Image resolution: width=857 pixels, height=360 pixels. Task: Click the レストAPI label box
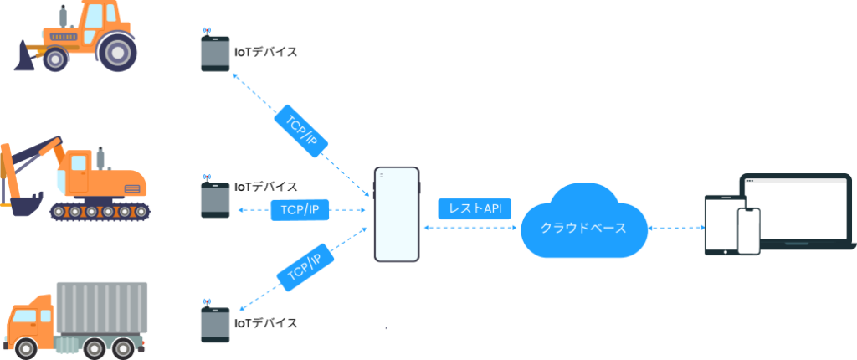coord(475,208)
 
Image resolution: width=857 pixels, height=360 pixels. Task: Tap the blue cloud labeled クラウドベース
coord(583,222)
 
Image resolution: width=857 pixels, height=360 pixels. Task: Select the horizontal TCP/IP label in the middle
coord(300,210)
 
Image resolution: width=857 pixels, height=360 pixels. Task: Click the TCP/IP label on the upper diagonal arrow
coord(300,131)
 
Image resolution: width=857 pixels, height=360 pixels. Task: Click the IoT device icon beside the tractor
coord(215,51)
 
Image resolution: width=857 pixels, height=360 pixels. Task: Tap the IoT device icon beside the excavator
coord(215,198)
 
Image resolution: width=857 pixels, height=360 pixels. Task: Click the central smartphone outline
coord(397,214)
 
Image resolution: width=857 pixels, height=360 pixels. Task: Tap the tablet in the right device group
coord(722,225)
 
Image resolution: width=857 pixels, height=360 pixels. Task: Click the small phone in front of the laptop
coord(749,231)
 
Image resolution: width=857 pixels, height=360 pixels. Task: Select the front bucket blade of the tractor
coord(24,57)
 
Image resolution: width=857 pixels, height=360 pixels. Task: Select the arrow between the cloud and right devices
coord(676,227)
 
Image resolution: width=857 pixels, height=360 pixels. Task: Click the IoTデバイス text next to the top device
coord(265,52)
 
